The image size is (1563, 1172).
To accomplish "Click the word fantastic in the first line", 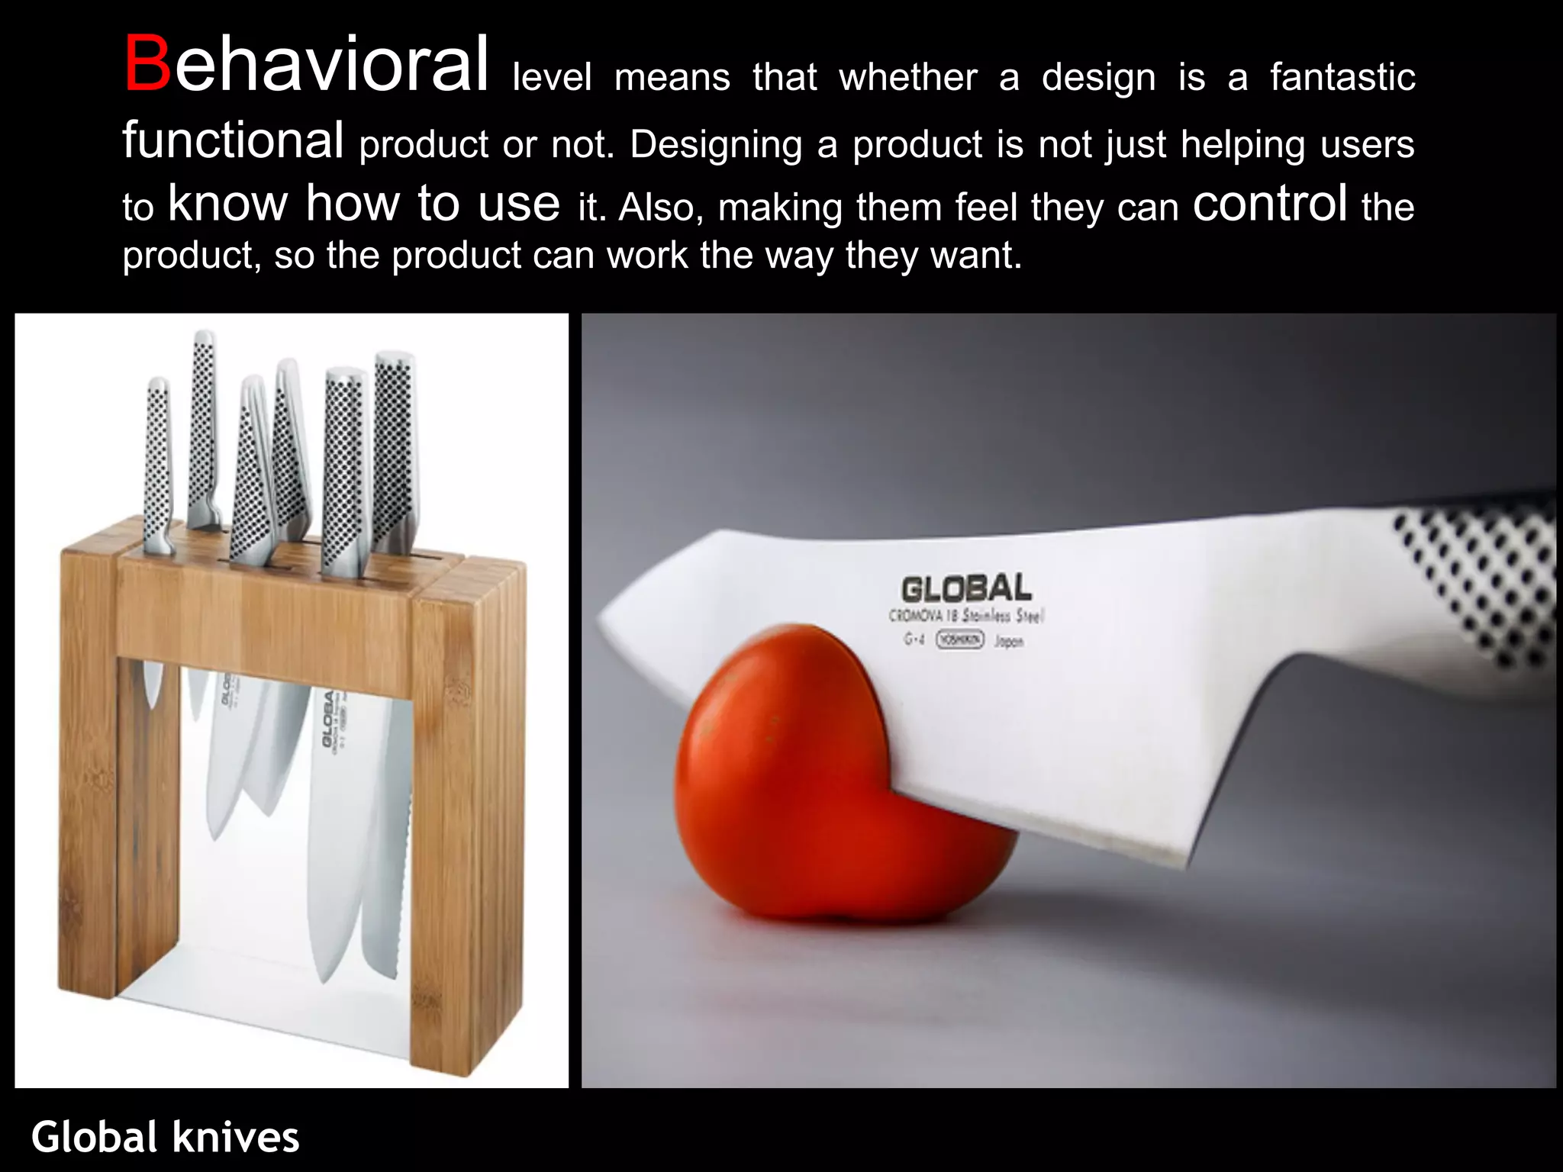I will [1342, 78].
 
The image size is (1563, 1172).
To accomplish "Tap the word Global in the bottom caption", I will [94, 1137].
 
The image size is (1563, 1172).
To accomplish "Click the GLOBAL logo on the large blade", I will [966, 589].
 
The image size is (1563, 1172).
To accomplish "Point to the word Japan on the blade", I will [1008, 642].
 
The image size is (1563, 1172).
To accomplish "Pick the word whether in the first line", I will [907, 78].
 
